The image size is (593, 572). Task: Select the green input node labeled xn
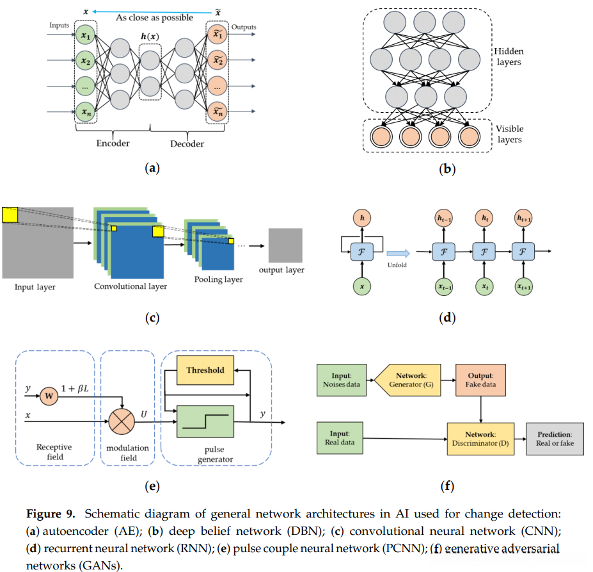point(85,113)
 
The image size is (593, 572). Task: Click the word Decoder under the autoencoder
point(187,143)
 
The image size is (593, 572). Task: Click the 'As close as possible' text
point(154,17)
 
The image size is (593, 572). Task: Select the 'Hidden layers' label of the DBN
point(509,56)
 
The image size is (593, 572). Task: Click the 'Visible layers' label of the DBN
point(509,133)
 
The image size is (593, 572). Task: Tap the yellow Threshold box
point(205,370)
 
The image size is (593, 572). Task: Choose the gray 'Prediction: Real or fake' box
point(555,439)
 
